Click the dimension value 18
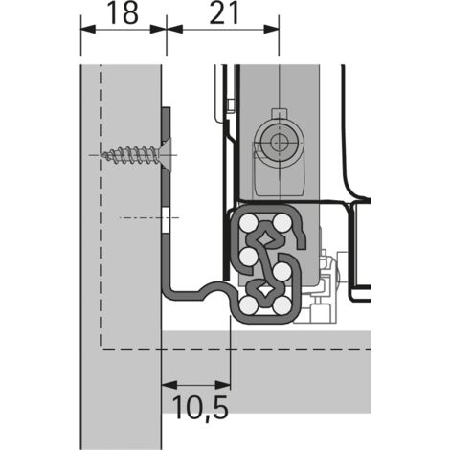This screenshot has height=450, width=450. [x=120, y=12]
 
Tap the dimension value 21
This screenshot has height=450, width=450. [x=223, y=12]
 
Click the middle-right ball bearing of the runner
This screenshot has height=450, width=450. [x=283, y=257]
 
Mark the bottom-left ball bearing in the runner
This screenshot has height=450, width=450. [x=249, y=305]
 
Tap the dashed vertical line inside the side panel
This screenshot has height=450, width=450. [x=101, y=211]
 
